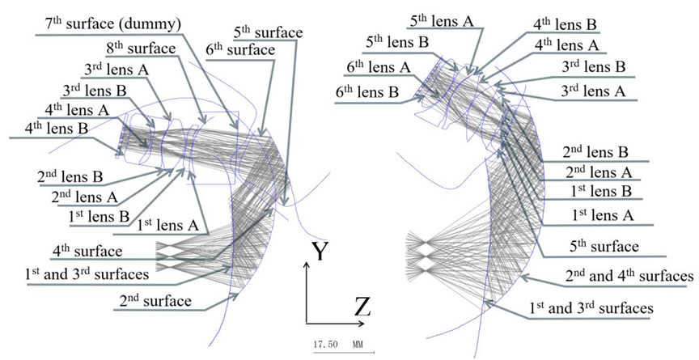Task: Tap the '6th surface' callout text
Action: click(x=239, y=49)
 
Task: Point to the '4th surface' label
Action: click(x=87, y=251)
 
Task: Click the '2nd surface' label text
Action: click(x=155, y=300)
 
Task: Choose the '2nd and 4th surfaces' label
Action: click(x=629, y=276)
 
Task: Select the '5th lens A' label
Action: click(x=445, y=21)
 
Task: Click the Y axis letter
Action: click(x=320, y=252)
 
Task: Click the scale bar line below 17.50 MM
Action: click(x=343, y=353)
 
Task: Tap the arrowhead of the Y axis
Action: click(x=307, y=265)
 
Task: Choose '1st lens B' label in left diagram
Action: click(x=99, y=216)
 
